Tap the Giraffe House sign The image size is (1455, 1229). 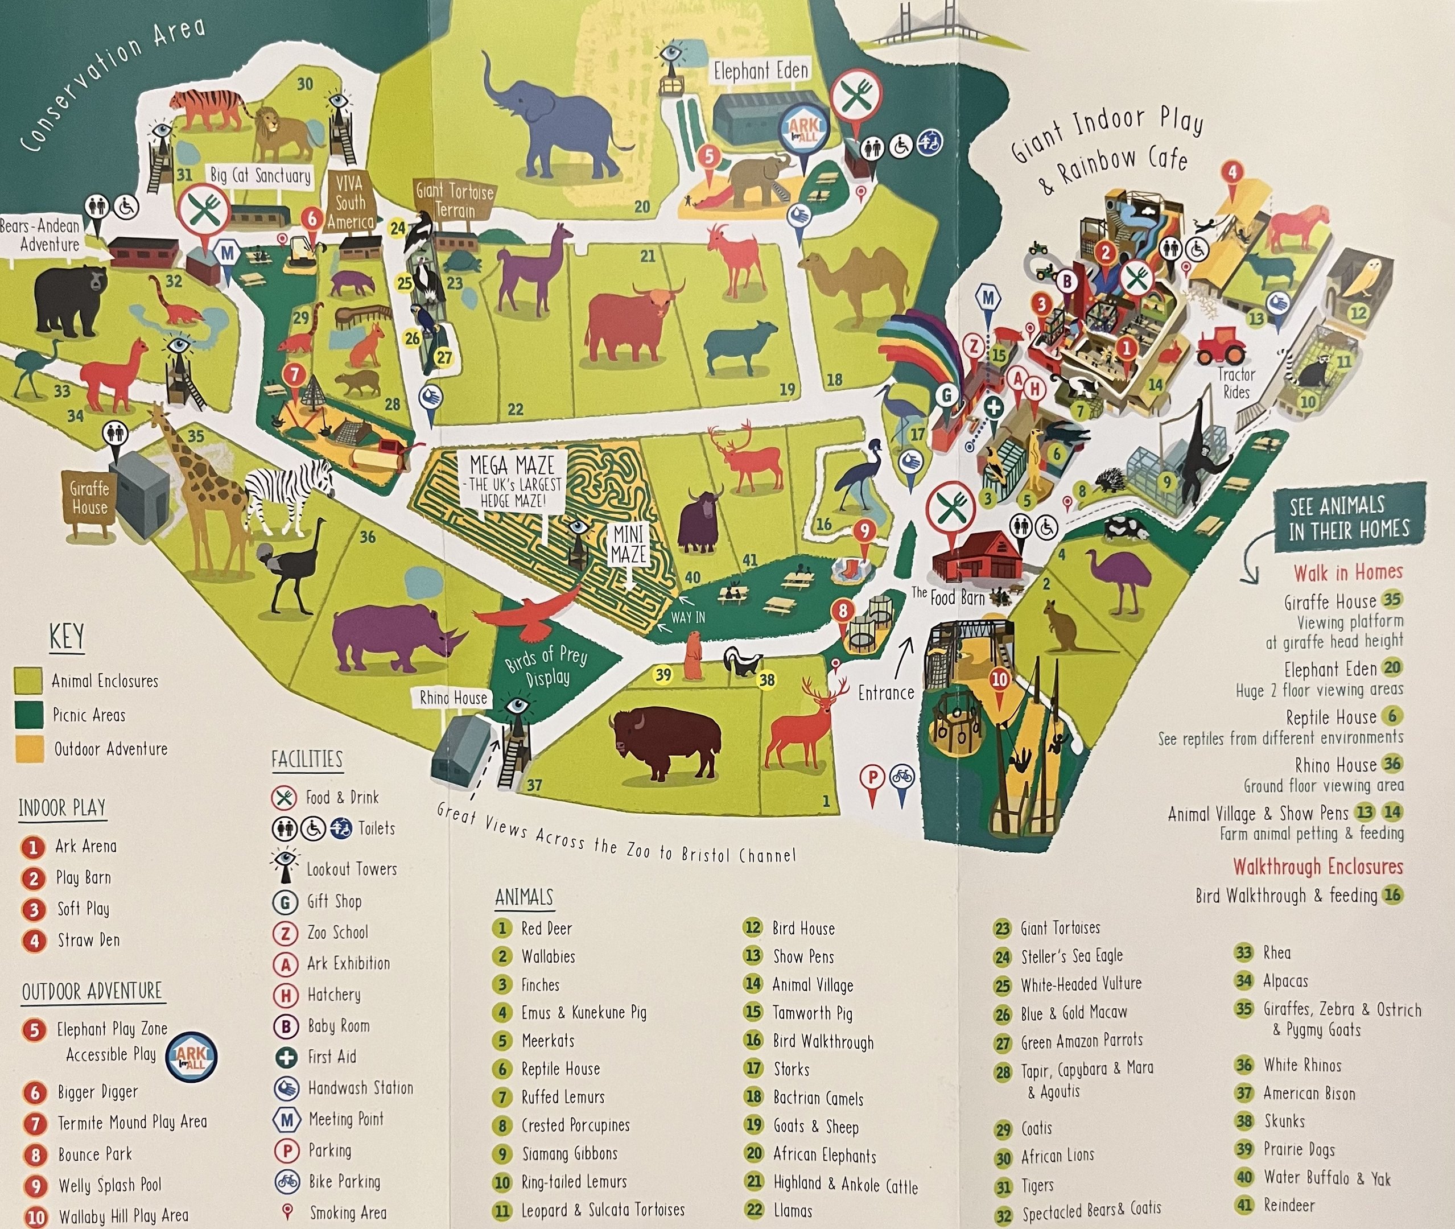point(90,497)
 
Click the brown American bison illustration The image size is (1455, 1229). point(666,742)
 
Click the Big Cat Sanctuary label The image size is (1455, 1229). point(261,175)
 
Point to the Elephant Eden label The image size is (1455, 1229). point(760,71)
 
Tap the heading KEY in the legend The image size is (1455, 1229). point(67,637)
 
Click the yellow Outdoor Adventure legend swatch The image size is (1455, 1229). point(29,749)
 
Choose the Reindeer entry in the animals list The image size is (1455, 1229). point(1289,1205)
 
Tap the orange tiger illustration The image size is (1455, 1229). point(206,109)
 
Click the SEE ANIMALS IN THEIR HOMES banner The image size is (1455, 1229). point(1349,517)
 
